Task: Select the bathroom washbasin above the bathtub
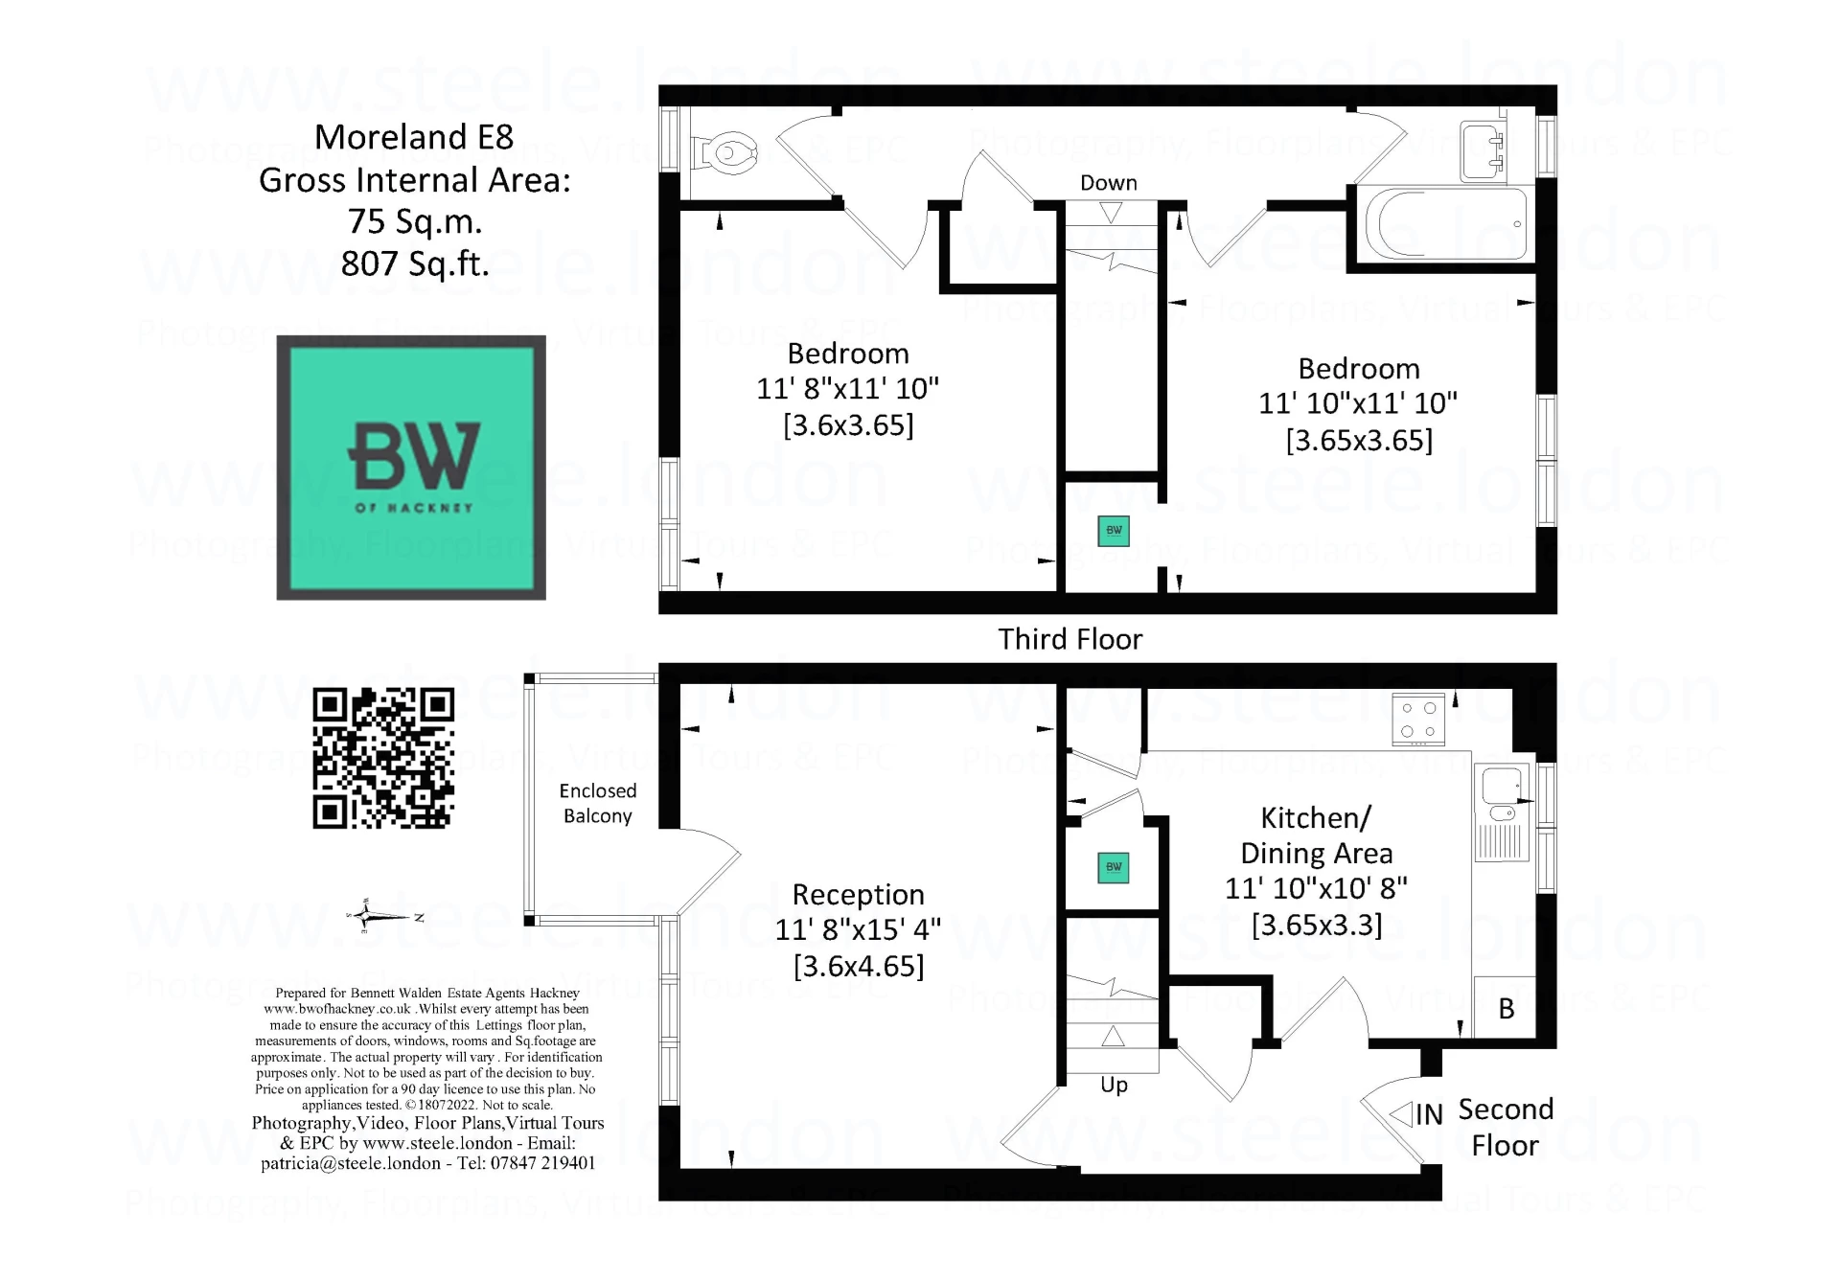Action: click(1482, 151)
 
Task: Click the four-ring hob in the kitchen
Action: click(1417, 720)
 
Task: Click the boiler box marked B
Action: click(1506, 1008)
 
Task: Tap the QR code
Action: click(383, 759)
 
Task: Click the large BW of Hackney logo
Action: click(411, 468)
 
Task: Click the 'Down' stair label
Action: click(1109, 183)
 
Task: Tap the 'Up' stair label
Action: click(1114, 1085)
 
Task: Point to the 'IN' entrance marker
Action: click(1428, 1114)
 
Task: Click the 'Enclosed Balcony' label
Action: click(597, 803)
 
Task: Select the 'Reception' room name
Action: click(858, 895)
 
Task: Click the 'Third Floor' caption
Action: click(1069, 639)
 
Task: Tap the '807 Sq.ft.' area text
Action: click(415, 263)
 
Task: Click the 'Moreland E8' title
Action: click(414, 137)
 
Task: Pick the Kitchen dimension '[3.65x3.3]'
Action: click(1317, 925)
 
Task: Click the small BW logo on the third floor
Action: click(1114, 531)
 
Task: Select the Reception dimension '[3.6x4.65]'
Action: click(858, 966)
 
